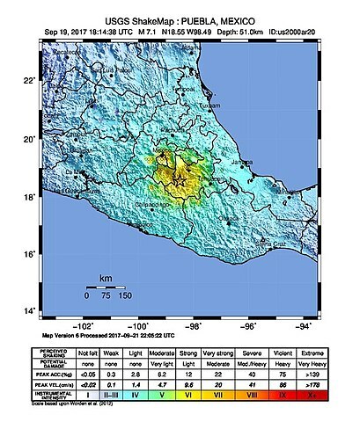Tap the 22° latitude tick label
29,82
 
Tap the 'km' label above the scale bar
106,278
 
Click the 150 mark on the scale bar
127,297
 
